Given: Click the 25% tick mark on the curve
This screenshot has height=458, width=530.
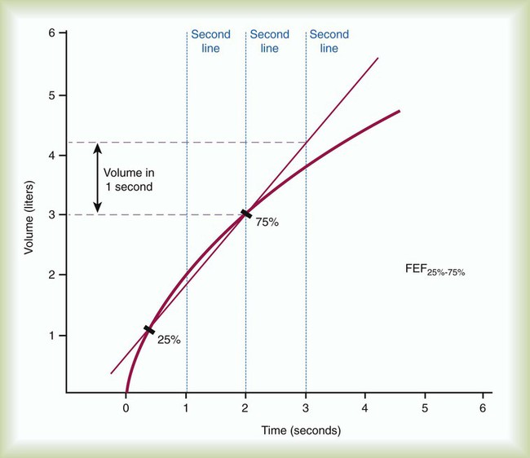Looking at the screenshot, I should coord(148,330).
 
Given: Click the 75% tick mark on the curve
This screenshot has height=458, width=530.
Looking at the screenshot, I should coord(246,214).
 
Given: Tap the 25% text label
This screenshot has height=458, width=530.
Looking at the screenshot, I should coord(168,340).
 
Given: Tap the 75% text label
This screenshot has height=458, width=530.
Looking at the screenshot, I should coord(267,222).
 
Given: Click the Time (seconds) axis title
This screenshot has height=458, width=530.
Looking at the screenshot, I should coord(301,429).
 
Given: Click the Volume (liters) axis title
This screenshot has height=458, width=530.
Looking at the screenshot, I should coord(29,215).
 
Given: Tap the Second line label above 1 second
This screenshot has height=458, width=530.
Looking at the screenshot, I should coord(210,42).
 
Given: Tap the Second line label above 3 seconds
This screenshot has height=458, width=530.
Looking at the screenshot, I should coord(329,42).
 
